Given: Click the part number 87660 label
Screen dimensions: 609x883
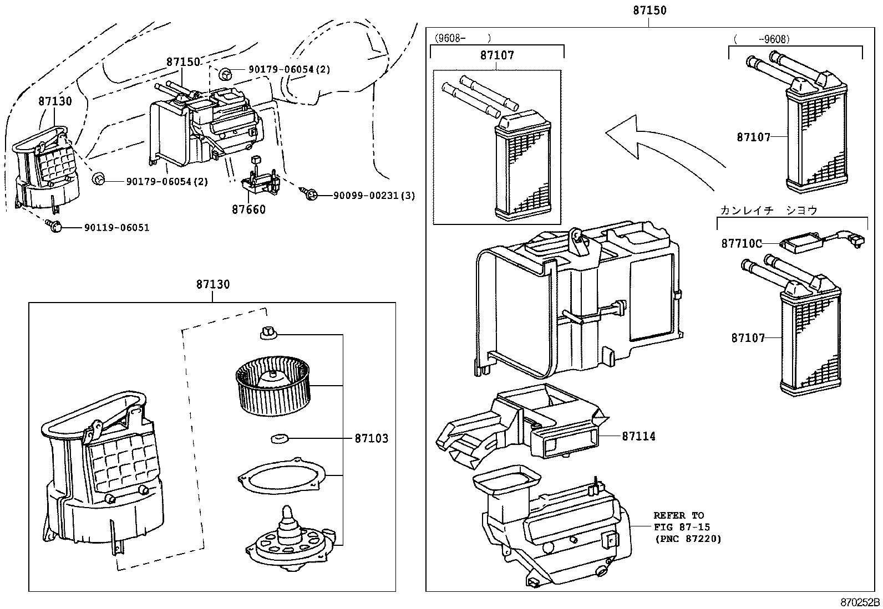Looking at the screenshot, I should pyautogui.click(x=248, y=209).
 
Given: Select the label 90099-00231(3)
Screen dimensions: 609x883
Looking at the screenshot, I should pyautogui.click(x=374, y=196).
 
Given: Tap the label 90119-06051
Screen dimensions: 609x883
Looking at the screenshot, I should pyautogui.click(x=116, y=227).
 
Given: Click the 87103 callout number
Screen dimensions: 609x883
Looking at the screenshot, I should pyautogui.click(x=371, y=438).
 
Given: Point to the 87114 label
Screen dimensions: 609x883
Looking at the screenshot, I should pyautogui.click(x=638, y=436).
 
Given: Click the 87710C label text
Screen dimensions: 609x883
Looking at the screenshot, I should pyautogui.click(x=742, y=243).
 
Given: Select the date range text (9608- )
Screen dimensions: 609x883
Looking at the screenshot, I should pyautogui.click(x=463, y=38).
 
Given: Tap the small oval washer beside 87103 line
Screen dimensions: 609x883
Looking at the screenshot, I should pyautogui.click(x=280, y=439).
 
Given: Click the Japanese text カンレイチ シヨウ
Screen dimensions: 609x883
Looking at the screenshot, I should pyautogui.click(x=769, y=211).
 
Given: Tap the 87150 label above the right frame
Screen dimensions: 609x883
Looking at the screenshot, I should pyautogui.click(x=649, y=10).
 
